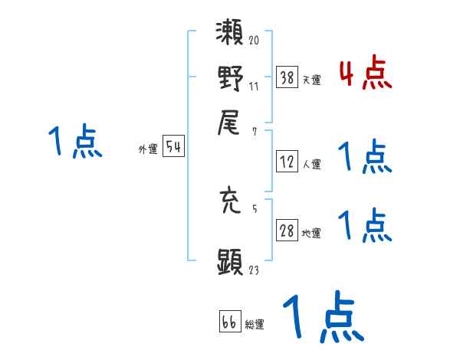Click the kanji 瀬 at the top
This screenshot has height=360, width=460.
pos(229,34)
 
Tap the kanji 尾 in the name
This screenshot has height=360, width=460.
pos(230,120)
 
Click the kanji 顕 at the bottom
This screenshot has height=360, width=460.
pos(230,260)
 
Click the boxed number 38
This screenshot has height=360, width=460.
pos(287,77)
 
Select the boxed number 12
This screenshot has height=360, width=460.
pos(287,162)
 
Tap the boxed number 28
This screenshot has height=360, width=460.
pos(287,231)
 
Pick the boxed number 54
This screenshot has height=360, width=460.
pos(173,148)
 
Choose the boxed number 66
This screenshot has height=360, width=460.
pos(229,322)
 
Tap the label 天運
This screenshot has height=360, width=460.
pos(311,80)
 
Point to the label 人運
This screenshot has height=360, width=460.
pos(311,164)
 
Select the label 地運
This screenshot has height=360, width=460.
pos(311,234)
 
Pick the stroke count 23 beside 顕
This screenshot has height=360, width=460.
pos(254,270)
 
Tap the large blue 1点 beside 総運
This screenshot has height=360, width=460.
pos(322,316)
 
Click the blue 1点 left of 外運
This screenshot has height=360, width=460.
pos(75,142)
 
